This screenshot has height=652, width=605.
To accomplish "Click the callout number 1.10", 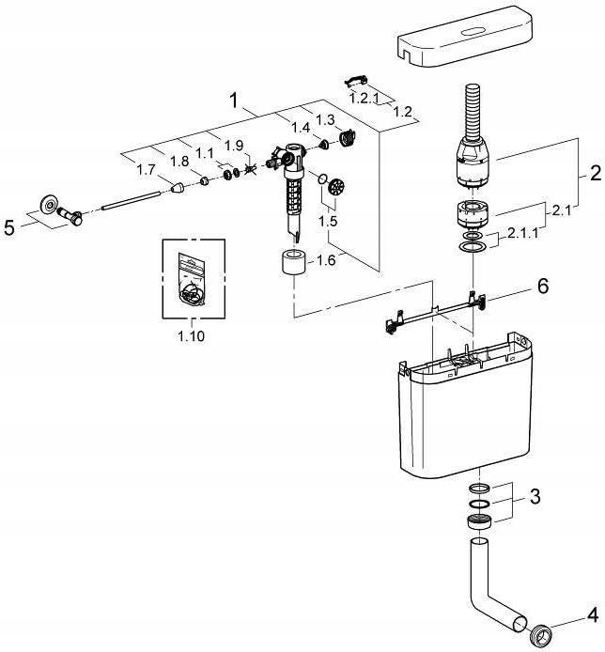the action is coord(192,336).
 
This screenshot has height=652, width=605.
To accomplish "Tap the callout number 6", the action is coord(543,287).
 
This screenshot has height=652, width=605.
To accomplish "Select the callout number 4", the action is coord(593,615).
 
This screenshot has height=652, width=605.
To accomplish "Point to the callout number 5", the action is coord(9,228).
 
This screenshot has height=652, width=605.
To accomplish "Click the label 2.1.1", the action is coord(522,233).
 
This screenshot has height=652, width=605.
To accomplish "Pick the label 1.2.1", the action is coord(364,98).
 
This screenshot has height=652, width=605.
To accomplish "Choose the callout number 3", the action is coord(535,496).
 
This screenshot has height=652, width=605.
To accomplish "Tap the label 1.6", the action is coord(326,261).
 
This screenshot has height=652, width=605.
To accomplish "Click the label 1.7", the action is coord(147,170).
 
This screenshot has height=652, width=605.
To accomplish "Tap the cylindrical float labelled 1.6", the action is coord(294,261).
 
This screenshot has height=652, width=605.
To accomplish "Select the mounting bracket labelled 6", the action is coord(436,312).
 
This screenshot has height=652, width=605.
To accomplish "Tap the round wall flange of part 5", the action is coord(50,205).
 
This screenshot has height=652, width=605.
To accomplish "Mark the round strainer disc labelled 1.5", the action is coord(337,187).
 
